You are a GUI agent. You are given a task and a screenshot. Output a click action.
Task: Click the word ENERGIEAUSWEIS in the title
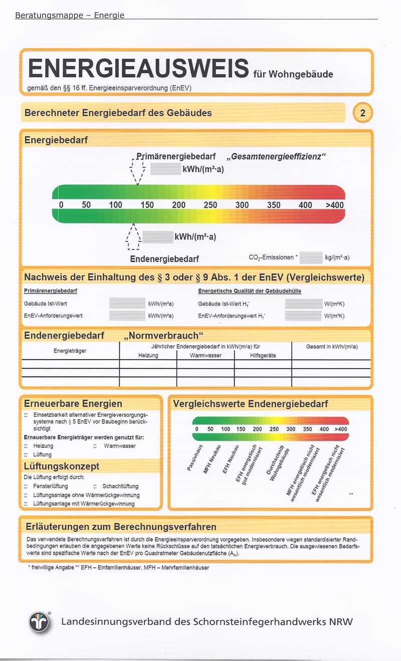(x=138, y=69)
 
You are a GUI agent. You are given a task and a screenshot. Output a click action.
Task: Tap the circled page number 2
(x=363, y=113)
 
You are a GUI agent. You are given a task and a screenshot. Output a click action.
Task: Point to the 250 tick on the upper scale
(x=210, y=205)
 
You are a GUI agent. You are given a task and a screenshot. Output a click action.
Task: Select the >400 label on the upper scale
(x=334, y=205)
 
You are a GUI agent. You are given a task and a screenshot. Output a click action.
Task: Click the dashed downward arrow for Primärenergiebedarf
(x=137, y=172)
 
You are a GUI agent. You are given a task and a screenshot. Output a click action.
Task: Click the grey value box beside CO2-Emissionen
(x=311, y=258)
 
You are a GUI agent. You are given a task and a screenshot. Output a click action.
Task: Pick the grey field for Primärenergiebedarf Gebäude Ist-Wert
(x=127, y=303)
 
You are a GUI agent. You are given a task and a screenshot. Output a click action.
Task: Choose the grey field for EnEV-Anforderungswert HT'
(x=303, y=316)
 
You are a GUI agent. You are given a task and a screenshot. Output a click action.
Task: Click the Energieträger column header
(x=70, y=351)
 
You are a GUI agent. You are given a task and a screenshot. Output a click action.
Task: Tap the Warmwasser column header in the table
(x=206, y=356)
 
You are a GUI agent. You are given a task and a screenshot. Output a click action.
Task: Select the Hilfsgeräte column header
(x=263, y=356)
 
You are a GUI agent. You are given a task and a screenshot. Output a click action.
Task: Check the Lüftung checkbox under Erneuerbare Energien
(x=26, y=455)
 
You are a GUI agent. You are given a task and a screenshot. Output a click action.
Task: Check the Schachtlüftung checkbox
(x=95, y=486)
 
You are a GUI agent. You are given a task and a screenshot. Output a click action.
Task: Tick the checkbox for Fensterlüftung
(x=26, y=486)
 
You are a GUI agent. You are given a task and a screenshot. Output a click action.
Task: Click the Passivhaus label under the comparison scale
(x=194, y=457)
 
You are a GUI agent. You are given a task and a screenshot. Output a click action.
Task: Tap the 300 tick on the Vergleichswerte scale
(x=291, y=429)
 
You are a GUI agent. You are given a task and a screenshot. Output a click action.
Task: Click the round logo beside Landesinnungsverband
(x=40, y=622)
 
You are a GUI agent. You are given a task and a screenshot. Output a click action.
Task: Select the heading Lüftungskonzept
(x=62, y=466)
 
